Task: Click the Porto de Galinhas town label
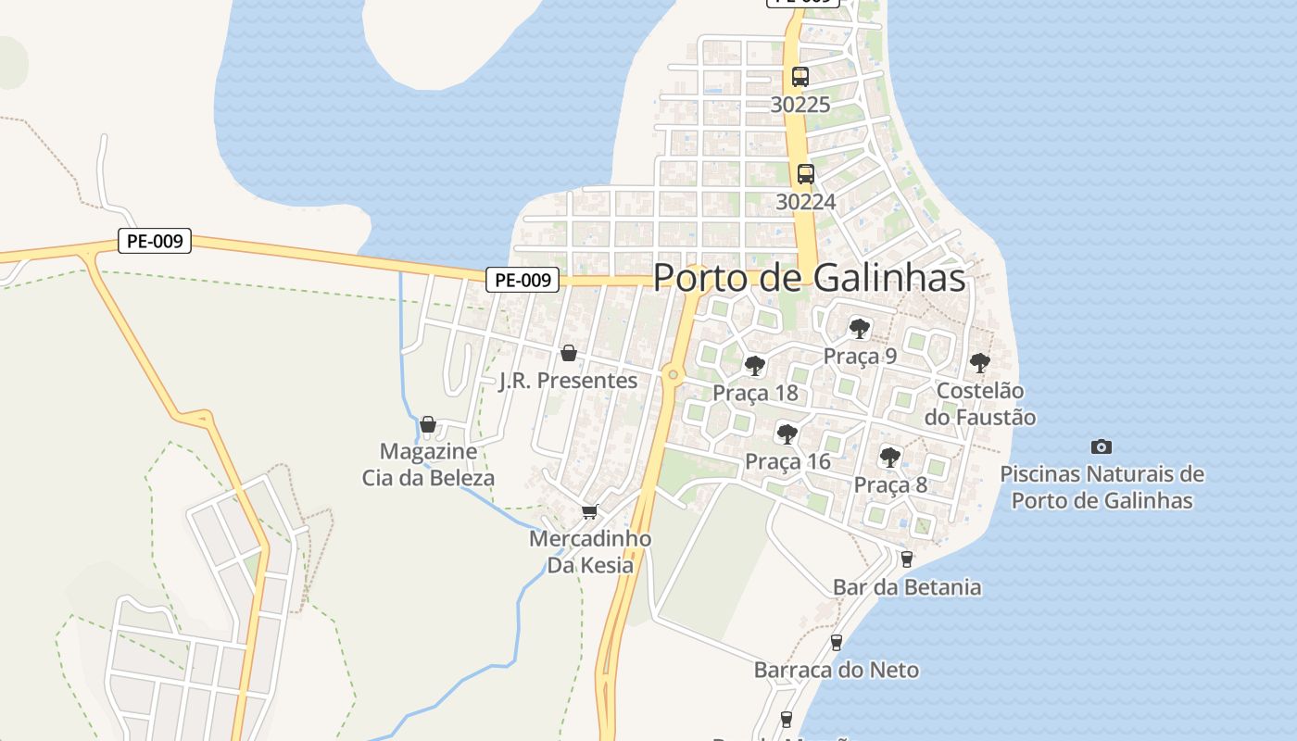(810, 278)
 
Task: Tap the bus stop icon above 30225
(800, 77)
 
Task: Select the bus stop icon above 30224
(806, 173)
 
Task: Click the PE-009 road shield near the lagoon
(155, 242)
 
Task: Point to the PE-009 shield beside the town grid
(523, 279)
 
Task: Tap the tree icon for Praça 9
(860, 328)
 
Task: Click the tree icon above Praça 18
(755, 365)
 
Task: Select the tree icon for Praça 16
(787, 433)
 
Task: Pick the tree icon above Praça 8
(890, 457)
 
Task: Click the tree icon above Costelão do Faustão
(979, 363)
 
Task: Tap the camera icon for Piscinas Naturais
(1102, 446)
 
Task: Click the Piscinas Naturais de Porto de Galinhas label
(1102, 487)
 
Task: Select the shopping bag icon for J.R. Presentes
(568, 353)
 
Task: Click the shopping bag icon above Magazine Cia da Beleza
(428, 424)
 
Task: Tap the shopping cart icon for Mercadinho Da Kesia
(589, 511)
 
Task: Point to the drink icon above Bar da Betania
(907, 559)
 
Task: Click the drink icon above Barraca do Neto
(837, 642)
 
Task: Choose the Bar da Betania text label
(907, 587)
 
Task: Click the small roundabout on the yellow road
(674, 375)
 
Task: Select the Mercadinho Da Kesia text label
(590, 551)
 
